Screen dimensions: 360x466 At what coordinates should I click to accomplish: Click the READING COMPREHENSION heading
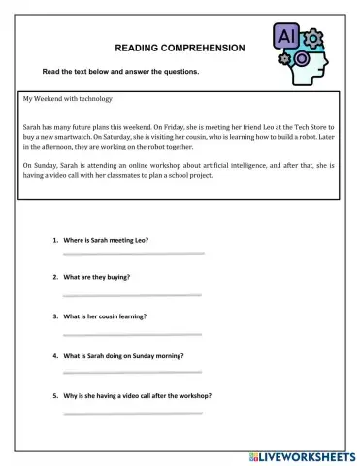(x=180, y=47)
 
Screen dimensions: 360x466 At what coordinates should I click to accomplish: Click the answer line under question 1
(x=133, y=254)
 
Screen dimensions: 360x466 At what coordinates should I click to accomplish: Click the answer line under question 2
(x=133, y=294)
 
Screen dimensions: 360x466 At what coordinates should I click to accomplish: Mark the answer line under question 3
(x=133, y=333)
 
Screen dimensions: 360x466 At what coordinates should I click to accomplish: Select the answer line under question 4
(x=133, y=373)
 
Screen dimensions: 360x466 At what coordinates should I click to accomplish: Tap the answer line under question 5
(x=133, y=413)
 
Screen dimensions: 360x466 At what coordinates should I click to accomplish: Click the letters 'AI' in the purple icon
(x=288, y=36)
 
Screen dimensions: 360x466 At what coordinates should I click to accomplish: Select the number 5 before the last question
(x=54, y=396)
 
